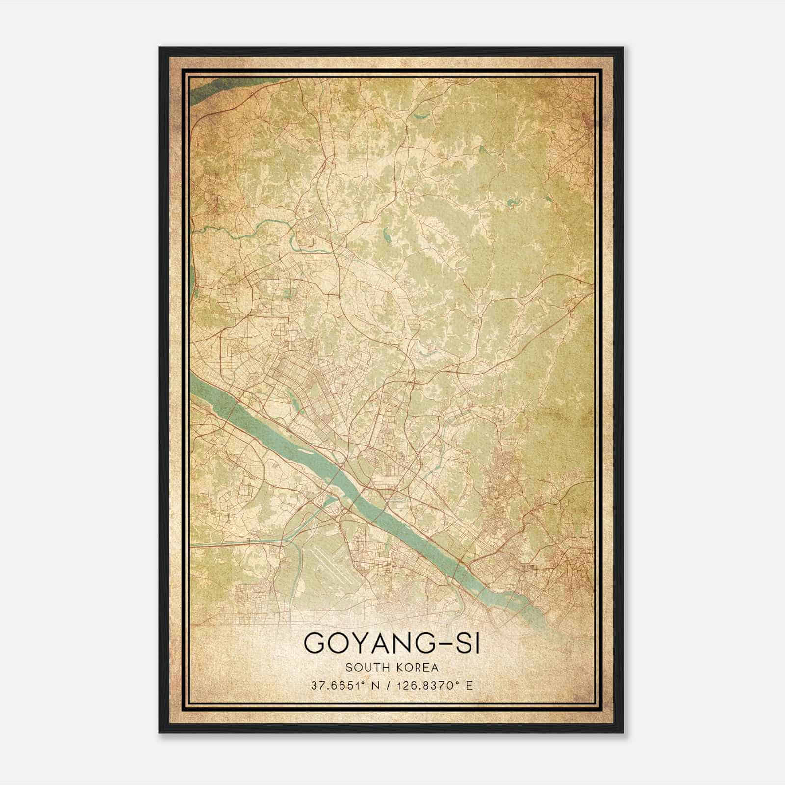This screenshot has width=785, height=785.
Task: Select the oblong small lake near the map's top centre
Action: [x=420, y=116]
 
